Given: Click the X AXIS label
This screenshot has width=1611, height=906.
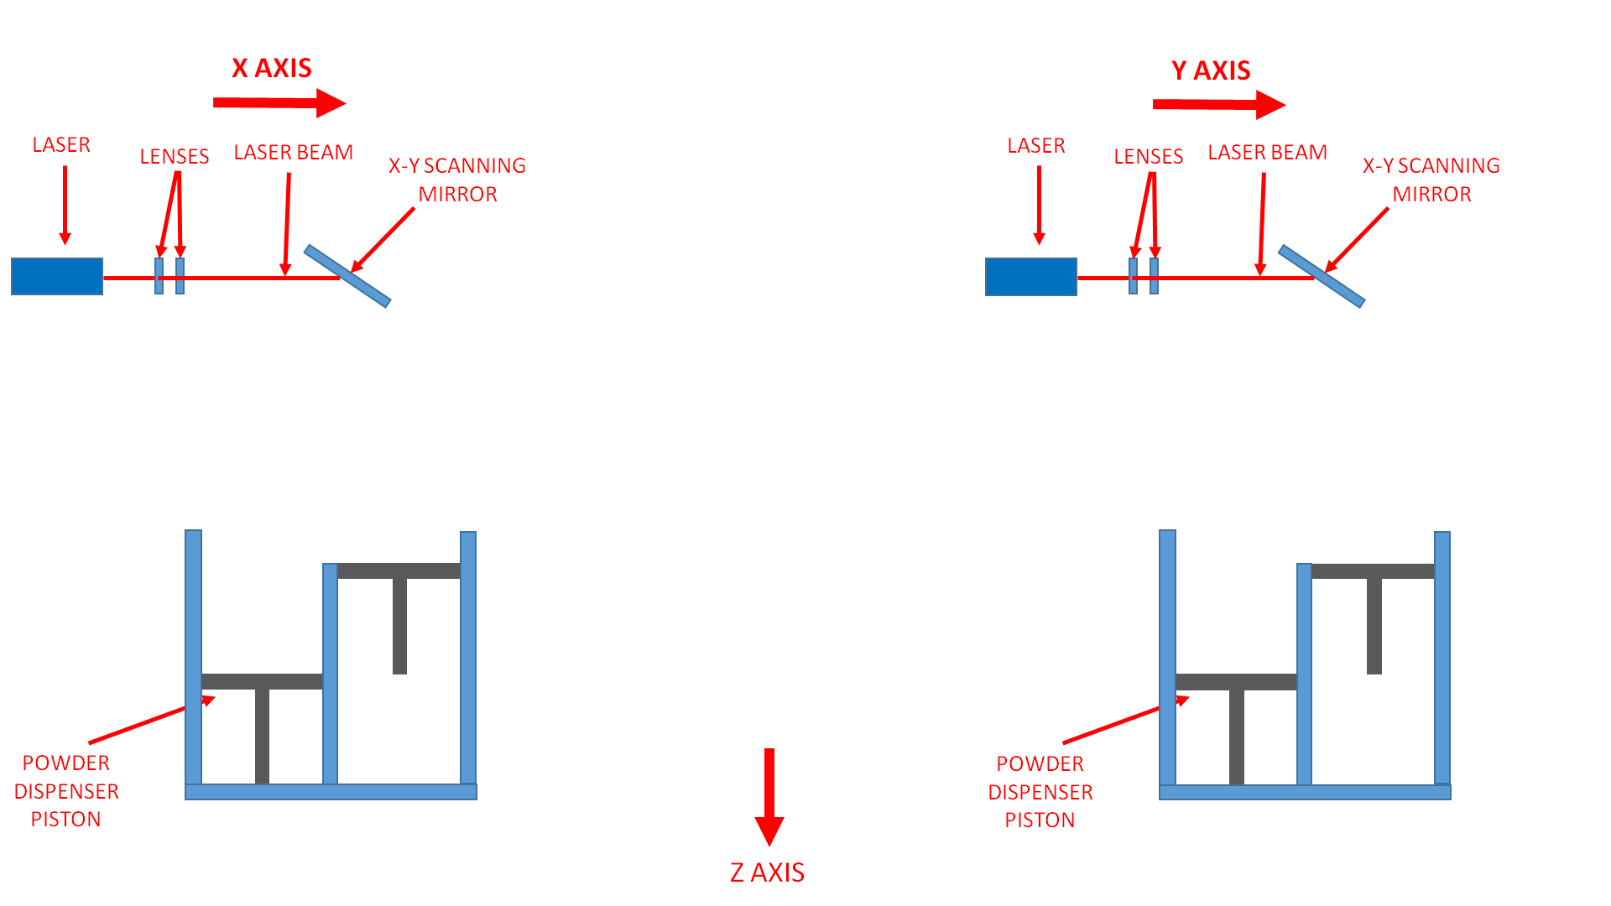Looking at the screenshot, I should pos(272,68).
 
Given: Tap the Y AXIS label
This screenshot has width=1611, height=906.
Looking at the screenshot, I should pos(1211,70).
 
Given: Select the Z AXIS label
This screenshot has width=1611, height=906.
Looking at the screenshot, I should pos(767,872).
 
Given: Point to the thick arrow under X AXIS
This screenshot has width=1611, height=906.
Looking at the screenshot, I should pos(279,103).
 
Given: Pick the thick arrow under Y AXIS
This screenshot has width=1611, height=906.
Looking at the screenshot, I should pos(1218,105).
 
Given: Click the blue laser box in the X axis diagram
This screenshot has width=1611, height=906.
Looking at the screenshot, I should pos(57,277).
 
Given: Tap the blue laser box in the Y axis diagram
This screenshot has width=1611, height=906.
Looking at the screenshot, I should pos(1030,277).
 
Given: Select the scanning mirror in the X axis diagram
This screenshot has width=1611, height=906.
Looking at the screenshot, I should pos(347,276).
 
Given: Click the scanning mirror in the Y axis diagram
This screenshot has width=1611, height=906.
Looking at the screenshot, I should pos(1322,276).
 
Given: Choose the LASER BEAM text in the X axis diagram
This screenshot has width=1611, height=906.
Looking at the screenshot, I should pos(294,153).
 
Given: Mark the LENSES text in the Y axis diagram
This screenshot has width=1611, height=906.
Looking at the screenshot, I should pos(1148,157).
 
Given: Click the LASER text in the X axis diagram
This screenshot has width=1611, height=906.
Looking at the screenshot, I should pos(61,145).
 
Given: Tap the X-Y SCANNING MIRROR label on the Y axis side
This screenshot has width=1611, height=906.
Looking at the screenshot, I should pos(1431,180).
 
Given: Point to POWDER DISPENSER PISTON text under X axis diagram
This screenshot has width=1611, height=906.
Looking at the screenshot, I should pos(66,791).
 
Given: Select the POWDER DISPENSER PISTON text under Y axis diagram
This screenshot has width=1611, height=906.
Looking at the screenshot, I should pos(1040,792).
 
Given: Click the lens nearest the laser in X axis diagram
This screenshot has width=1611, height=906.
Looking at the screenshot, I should pos(159,276).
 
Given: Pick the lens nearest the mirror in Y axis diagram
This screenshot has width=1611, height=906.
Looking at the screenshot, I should pos(1155,276).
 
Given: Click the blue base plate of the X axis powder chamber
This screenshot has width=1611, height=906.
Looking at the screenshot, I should pos(331,792).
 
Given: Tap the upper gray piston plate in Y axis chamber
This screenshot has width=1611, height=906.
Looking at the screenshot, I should pos(1373,571).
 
